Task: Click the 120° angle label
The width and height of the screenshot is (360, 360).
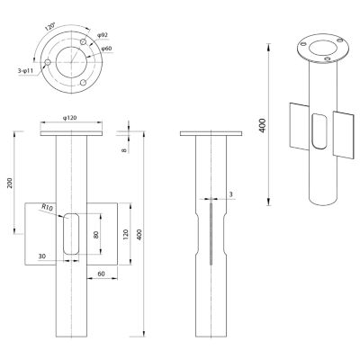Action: pyautogui.click(x=49, y=26)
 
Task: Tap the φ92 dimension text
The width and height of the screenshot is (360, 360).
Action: pyautogui.click(x=103, y=35)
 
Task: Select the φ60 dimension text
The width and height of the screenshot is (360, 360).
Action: pyautogui.click(x=106, y=49)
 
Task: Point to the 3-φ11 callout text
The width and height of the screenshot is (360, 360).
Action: pyautogui.click(x=25, y=71)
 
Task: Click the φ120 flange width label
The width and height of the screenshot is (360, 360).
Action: pyautogui.click(x=69, y=118)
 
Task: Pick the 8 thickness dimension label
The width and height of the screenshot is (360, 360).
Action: pyautogui.click(x=124, y=149)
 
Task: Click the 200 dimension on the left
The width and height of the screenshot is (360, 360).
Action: pyautogui.click(x=10, y=183)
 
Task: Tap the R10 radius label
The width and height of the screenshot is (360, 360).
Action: pyautogui.click(x=48, y=207)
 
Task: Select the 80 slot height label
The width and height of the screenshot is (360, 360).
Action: pyautogui.click(x=96, y=234)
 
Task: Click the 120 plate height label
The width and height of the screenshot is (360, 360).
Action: pyautogui.click(x=125, y=234)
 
